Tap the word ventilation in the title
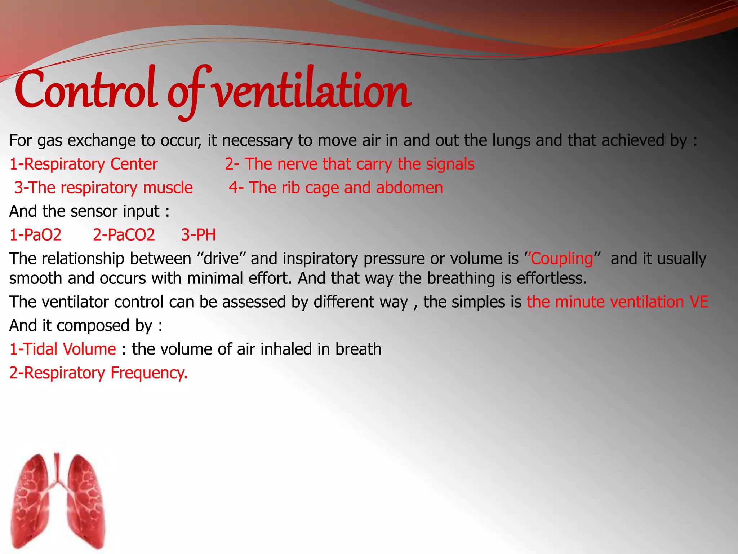tap(312, 90)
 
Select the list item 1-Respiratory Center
tap(84, 164)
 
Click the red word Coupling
tap(562, 259)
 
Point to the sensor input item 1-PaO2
tap(35, 235)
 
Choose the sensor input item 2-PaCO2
tap(124, 235)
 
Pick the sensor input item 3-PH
tap(199, 235)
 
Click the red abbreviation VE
tap(699, 302)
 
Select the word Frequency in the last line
tap(148, 373)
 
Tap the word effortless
tap(552, 278)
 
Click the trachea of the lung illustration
tap(57, 469)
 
